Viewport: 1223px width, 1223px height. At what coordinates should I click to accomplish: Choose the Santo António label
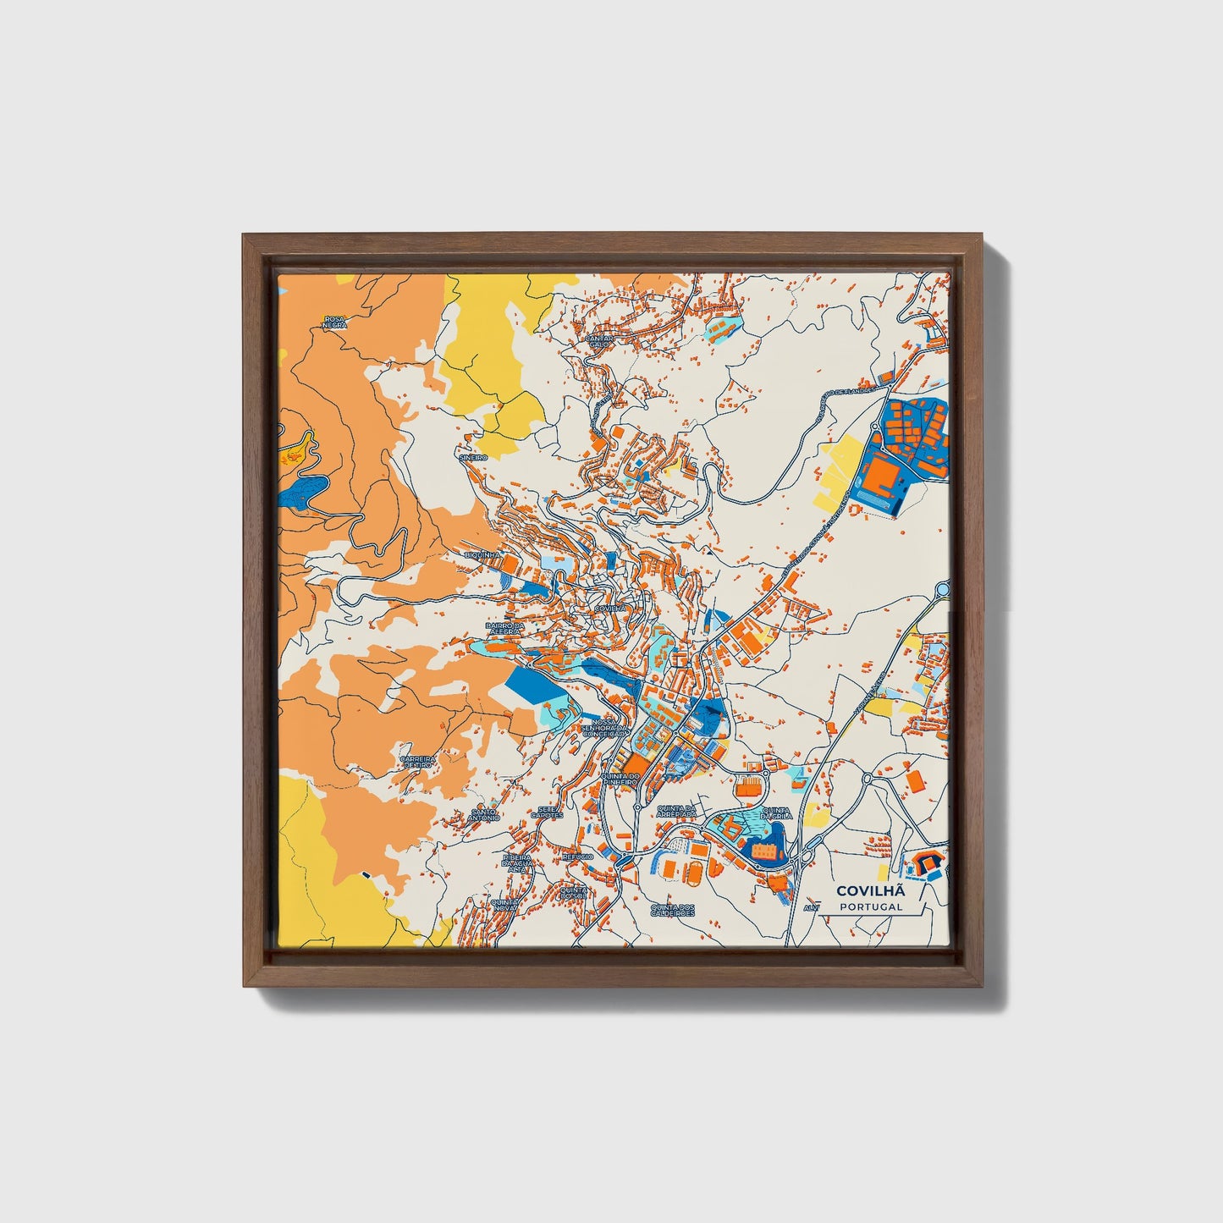tap(485, 815)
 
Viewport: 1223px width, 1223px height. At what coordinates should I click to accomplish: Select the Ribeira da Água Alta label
tap(516, 862)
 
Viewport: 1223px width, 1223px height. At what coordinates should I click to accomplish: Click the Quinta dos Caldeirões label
tap(672, 911)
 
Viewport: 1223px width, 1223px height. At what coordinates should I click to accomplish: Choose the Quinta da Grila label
tap(776, 813)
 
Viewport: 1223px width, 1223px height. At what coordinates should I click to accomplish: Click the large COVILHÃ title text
tap(870, 890)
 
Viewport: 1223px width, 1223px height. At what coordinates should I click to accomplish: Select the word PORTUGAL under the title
tap(870, 906)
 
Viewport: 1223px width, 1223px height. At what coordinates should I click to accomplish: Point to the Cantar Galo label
tap(598, 340)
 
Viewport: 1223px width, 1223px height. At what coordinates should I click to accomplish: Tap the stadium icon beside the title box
tap(924, 863)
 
